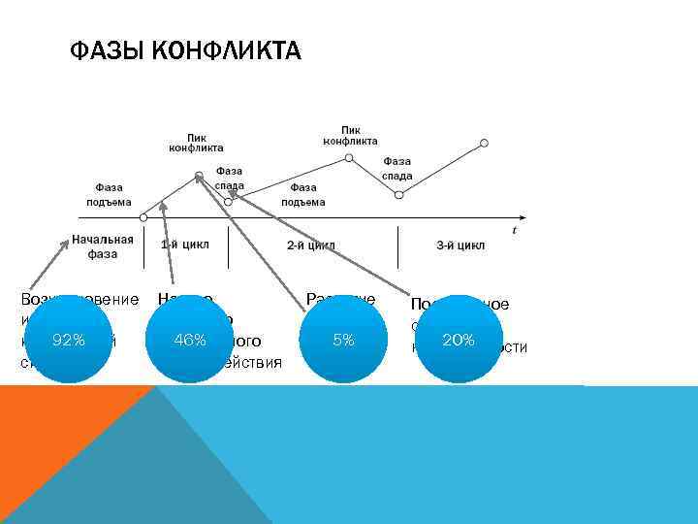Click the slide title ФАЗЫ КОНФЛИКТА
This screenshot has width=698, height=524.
[x=185, y=49]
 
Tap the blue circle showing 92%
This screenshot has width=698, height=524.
[x=69, y=341]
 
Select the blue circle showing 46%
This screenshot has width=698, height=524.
[x=189, y=341]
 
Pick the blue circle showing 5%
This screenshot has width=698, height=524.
[x=342, y=341]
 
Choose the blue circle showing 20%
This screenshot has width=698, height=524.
[x=458, y=341]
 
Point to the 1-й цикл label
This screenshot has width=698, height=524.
[x=184, y=245]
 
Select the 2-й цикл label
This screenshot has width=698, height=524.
[x=310, y=246]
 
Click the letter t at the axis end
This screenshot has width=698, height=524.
[x=515, y=230]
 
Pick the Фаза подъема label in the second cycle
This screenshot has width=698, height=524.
[x=303, y=195]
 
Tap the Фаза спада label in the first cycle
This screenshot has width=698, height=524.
[x=230, y=178]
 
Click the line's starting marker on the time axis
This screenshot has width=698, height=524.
[x=143, y=216]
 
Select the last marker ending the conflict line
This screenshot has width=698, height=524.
[x=485, y=143]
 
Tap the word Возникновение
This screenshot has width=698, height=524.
[x=79, y=301]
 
